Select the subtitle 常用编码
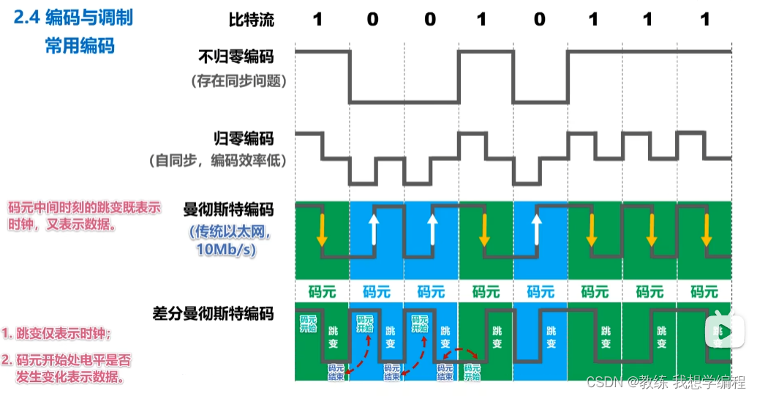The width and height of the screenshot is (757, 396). [x=80, y=45]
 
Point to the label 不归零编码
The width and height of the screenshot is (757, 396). [x=236, y=56]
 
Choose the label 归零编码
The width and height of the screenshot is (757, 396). [x=244, y=138]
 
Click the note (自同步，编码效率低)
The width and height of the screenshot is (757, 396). [x=218, y=160]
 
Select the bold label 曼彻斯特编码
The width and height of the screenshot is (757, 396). [x=228, y=210]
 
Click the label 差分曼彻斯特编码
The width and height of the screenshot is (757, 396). [x=218, y=314]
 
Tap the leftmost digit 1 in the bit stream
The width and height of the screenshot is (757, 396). [x=317, y=20]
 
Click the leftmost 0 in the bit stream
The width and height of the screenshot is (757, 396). [x=373, y=20]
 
